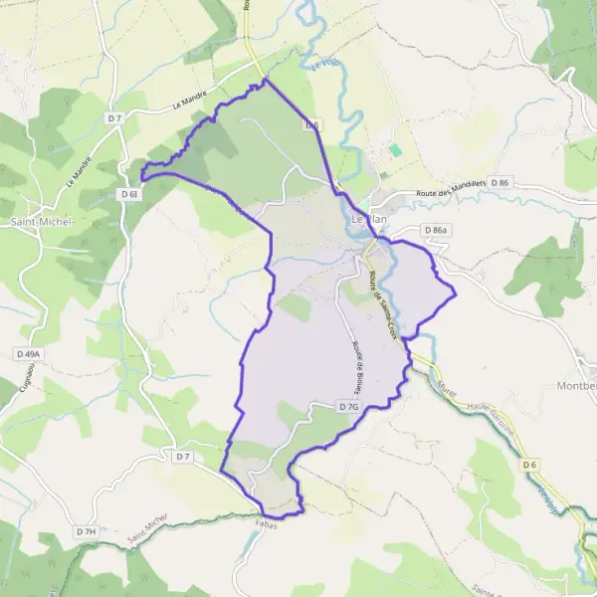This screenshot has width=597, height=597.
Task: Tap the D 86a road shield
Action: (436, 230)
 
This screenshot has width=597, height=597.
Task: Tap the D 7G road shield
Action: (347, 407)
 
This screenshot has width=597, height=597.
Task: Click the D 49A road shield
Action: (29, 353)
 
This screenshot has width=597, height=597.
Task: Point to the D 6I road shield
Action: (131, 194)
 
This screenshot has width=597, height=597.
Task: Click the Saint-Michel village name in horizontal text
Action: (41, 221)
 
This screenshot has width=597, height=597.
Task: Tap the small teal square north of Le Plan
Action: (395, 149)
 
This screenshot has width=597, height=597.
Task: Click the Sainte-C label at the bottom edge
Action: (488, 588)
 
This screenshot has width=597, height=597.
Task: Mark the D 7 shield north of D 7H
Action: (181, 457)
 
